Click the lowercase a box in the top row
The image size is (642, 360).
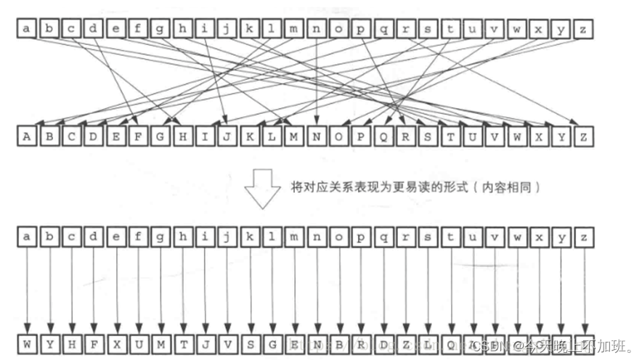point(28,29)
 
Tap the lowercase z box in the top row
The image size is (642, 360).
point(583,29)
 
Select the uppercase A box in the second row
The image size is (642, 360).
point(28,136)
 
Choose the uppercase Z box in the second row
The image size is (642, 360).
point(583,136)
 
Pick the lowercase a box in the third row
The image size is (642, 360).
point(28,237)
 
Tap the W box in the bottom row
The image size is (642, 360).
point(28,344)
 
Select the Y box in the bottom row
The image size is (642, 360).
point(49,344)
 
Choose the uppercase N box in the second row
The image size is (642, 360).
point(317,136)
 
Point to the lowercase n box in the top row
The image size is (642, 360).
point(317,29)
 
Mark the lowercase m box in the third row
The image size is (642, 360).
point(294,237)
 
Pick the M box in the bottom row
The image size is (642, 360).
point(160,344)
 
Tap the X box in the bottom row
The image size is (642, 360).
point(116,344)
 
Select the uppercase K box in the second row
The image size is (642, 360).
point(250,136)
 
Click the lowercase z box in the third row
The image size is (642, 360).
point(583,237)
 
